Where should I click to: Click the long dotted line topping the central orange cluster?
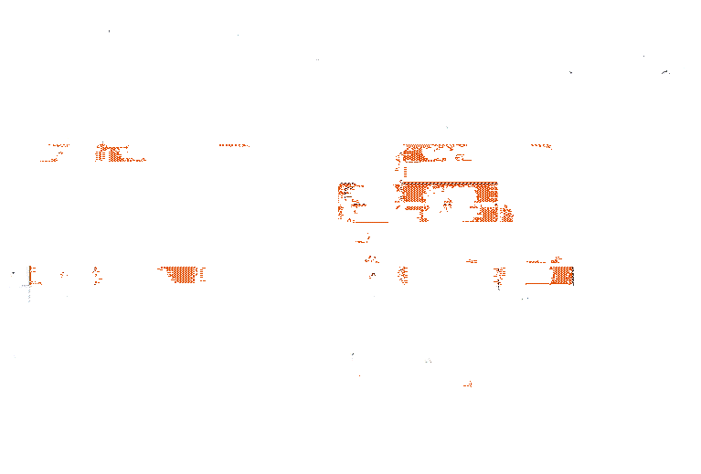(449, 184)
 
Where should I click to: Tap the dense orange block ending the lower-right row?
(561, 275)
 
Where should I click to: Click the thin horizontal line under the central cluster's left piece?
(371, 222)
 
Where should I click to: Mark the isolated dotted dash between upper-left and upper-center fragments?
(234, 145)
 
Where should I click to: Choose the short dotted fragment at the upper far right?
(541, 145)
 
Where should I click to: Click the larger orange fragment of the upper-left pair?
(113, 153)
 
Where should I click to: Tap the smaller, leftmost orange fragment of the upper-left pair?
(55, 151)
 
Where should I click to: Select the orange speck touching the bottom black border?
(468, 384)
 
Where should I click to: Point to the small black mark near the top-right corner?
(665, 71)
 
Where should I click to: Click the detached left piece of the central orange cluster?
(348, 200)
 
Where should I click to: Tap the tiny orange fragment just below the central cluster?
(364, 239)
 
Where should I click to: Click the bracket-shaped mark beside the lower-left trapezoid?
(202, 274)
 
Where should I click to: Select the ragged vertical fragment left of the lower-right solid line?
(500, 276)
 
